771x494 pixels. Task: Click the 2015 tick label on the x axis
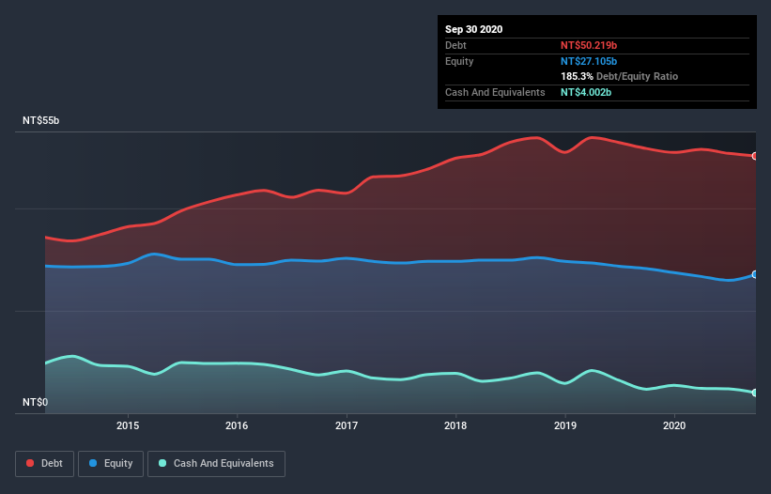(x=128, y=425)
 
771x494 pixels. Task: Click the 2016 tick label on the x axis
(x=238, y=425)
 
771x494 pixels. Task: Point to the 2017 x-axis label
(x=347, y=425)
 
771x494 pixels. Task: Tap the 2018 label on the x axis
(x=455, y=425)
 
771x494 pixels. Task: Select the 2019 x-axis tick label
(x=565, y=425)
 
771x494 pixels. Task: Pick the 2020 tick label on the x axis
(x=674, y=425)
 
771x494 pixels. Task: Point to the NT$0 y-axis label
(x=35, y=403)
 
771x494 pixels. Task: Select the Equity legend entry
(x=111, y=463)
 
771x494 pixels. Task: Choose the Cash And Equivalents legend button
(x=216, y=463)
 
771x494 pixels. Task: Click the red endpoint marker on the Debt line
(x=755, y=156)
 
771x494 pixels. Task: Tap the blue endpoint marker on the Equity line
(x=755, y=274)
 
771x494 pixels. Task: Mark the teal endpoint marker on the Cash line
(x=755, y=393)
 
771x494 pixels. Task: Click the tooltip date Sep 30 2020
(x=473, y=29)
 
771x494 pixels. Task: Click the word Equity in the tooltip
(x=460, y=61)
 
